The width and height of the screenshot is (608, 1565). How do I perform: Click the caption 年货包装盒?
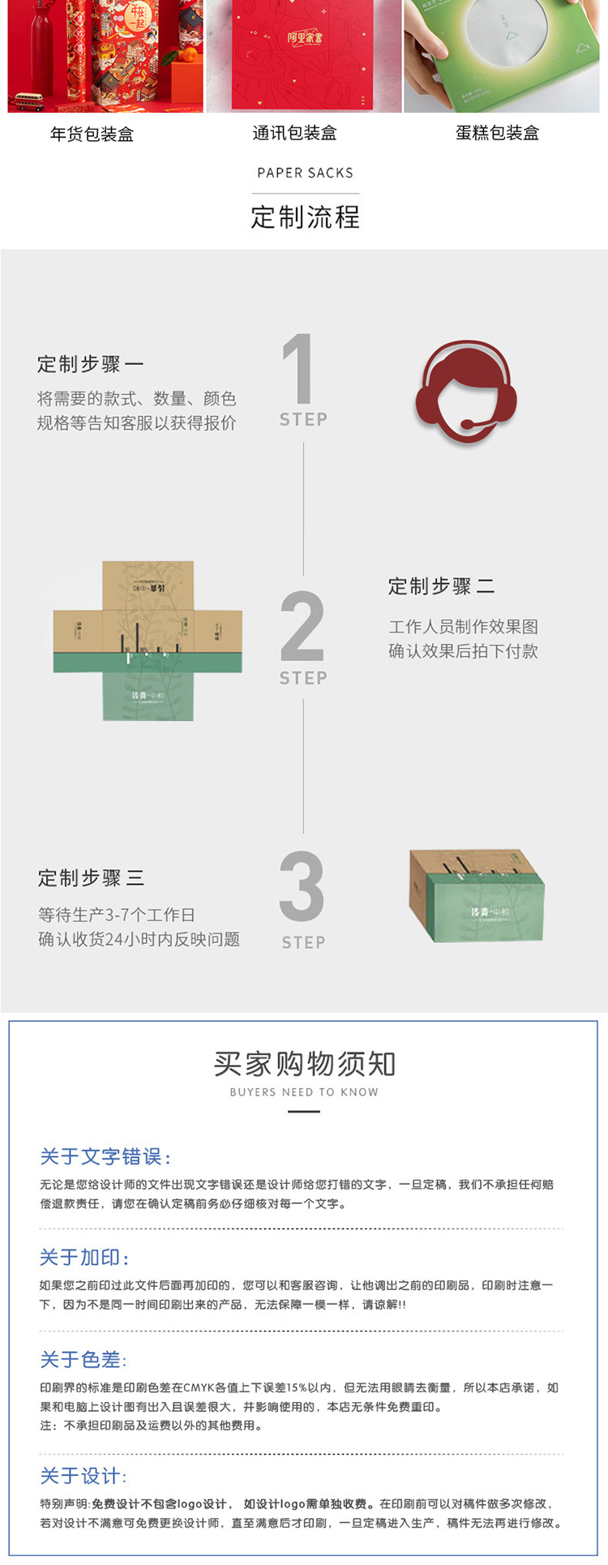pyautogui.click(x=92, y=135)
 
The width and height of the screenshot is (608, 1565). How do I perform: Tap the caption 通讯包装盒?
pyautogui.click(x=294, y=133)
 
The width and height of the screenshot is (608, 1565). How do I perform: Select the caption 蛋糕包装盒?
pyautogui.click(x=497, y=133)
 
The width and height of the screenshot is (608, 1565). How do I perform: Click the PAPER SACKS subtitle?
pyautogui.click(x=305, y=173)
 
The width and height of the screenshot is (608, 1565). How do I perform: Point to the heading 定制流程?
pyautogui.click(x=305, y=217)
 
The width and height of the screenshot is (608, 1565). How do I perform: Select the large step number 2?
pyautogui.click(x=302, y=626)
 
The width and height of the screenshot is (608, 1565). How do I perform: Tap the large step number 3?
pyautogui.click(x=302, y=886)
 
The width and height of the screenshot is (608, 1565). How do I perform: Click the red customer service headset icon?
pyautogui.click(x=466, y=391)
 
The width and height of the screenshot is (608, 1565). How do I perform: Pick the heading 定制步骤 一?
pyautogui.click(x=90, y=364)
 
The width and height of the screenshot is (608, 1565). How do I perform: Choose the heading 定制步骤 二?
pyautogui.click(x=441, y=586)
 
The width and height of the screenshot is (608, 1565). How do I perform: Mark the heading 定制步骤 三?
pyautogui.click(x=91, y=877)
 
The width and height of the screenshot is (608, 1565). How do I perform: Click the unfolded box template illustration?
pyautogui.click(x=148, y=641)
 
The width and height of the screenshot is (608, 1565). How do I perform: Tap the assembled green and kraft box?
pyautogui.click(x=476, y=896)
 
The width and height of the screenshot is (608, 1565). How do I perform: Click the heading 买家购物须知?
pyautogui.click(x=305, y=1064)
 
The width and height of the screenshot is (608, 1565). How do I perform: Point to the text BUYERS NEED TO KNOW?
pyautogui.click(x=304, y=1092)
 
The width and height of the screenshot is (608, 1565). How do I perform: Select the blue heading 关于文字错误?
pyautogui.click(x=105, y=1156)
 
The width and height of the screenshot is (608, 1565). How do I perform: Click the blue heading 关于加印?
pyautogui.click(x=84, y=1258)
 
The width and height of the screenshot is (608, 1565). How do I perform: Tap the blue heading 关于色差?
pyautogui.click(x=83, y=1360)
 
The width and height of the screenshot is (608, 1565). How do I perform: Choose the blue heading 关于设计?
pyautogui.click(x=83, y=1476)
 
